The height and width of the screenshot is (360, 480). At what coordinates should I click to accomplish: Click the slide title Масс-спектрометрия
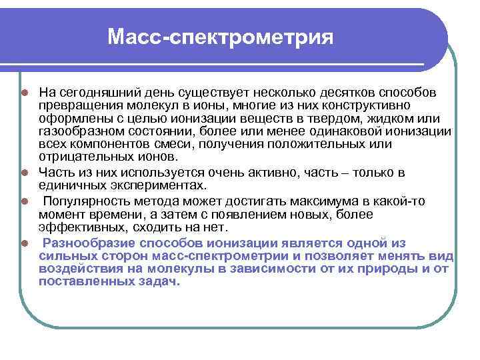(219, 37)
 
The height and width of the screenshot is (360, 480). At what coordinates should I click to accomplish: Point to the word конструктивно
(370, 105)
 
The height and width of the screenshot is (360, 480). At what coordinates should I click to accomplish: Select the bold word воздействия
(78, 269)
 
